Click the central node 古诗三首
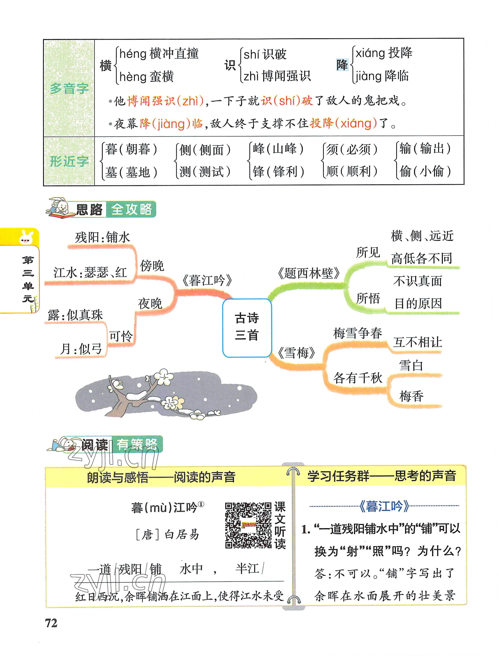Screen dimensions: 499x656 click(x=247, y=327)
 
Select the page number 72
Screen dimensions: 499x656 click(x=51, y=623)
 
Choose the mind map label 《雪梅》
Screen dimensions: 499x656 click(x=296, y=353)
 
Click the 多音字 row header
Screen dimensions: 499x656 click(x=69, y=88)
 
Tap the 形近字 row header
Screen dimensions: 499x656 click(x=69, y=161)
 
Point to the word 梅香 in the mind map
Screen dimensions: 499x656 click(x=411, y=396)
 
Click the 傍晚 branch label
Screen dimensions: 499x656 click(x=152, y=265)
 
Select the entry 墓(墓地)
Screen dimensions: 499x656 click(x=131, y=172)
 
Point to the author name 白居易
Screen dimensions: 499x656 click(x=181, y=534)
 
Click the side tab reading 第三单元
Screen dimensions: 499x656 click(x=28, y=279)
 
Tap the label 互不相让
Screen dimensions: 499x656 click(x=417, y=342)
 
